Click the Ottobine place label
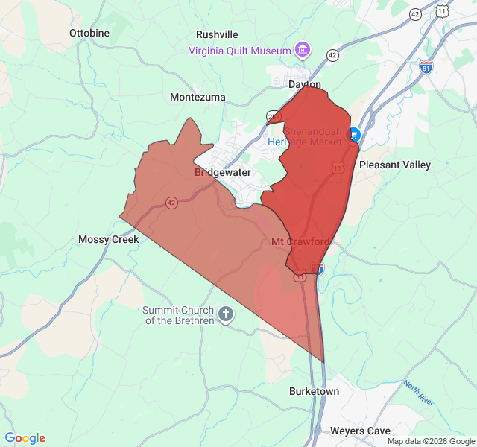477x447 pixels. [x=89, y=34]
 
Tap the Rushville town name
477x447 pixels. [x=217, y=34]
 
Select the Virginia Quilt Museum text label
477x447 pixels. [x=239, y=51]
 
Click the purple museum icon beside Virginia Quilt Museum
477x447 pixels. [x=303, y=51]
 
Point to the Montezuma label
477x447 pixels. [x=197, y=98]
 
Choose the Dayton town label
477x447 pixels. [x=304, y=85]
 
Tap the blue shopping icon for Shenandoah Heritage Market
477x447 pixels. [x=354, y=136]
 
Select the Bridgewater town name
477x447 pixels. [x=223, y=173]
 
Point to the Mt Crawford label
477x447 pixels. [x=300, y=242]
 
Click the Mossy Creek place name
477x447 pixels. [x=109, y=240]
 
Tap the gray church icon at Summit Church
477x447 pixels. [x=227, y=316]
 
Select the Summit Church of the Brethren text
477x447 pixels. [x=178, y=316]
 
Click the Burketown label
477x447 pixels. [x=314, y=392]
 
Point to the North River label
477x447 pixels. [x=418, y=394]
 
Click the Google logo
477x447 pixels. [x=25, y=438]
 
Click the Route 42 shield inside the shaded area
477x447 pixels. [x=171, y=203]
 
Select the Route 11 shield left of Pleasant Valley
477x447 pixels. [x=338, y=168]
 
